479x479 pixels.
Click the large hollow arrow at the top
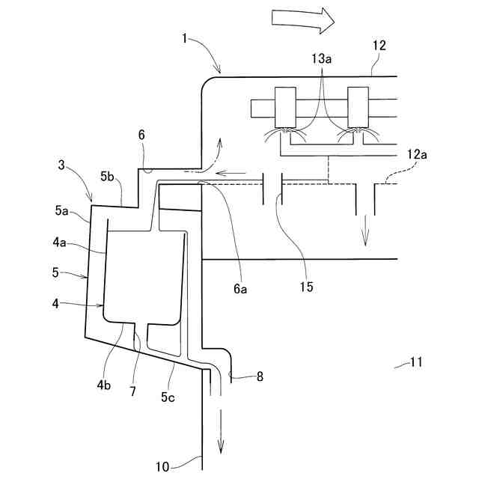(302, 20)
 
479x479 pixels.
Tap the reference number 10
(162, 466)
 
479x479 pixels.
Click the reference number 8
(260, 377)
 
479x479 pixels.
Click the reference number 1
(184, 37)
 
